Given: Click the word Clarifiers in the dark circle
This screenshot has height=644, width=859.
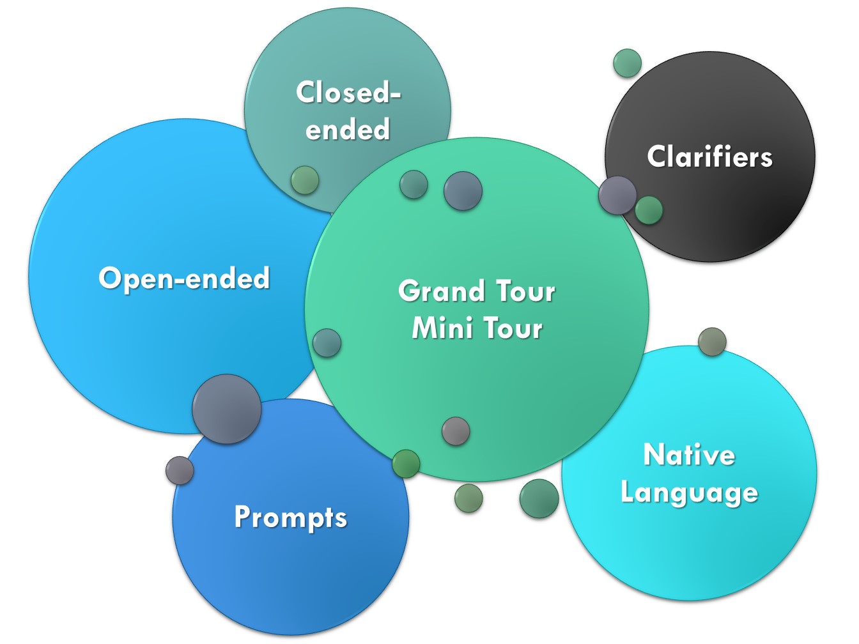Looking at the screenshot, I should (x=709, y=157).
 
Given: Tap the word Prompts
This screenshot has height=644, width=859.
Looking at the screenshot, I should (x=290, y=517).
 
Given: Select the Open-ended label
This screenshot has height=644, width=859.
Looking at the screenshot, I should (x=184, y=278).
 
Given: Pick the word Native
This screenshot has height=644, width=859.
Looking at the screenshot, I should (x=689, y=455).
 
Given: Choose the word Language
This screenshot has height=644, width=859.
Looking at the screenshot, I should (x=689, y=493).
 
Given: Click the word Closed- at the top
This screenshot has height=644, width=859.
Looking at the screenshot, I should (x=348, y=93).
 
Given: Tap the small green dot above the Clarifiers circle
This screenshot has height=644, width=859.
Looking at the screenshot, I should (x=627, y=63).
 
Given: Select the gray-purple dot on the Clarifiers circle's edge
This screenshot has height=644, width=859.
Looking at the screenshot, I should (x=617, y=195).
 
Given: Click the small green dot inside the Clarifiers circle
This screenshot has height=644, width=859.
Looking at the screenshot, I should (x=649, y=210).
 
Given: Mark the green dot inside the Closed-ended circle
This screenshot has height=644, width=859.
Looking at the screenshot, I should (x=305, y=180).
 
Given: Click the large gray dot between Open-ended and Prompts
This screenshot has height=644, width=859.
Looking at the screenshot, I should (x=227, y=409).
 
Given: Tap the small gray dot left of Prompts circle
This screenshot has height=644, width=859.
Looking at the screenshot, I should (x=180, y=470).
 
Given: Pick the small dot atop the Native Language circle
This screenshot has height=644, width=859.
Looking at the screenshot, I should (x=712, y=342).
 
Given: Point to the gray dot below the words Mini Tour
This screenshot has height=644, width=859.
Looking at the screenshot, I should (x=456, y=431).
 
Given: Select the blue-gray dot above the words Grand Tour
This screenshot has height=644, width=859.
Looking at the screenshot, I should (x=463, y=190).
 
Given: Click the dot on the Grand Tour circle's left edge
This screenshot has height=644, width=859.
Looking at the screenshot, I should (x=327, y=342).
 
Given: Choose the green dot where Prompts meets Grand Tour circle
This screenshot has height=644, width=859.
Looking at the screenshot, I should (x=406, y=464).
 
